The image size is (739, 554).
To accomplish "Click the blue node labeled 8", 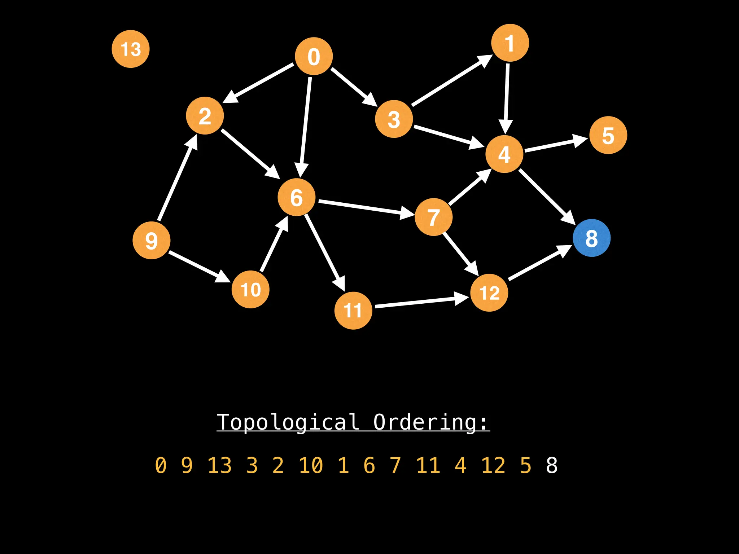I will pos(591,238).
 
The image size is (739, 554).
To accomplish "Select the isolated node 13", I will pos(131,49).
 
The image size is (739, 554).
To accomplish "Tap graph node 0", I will pos(314,56).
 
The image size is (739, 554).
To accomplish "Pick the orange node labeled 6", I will pos(297,197).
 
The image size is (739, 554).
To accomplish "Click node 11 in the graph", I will pos(353,311).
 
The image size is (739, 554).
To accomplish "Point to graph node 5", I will pos(608,135).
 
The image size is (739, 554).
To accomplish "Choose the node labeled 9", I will pos(152,240).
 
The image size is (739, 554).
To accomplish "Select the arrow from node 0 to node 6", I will pos(305,126).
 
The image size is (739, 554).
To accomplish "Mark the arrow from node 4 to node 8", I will pos(546,197).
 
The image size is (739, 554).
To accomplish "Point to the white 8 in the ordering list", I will pos(552,465).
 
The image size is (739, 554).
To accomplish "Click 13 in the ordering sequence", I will pos(219,465).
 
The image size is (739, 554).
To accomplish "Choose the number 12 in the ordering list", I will pos(493,465).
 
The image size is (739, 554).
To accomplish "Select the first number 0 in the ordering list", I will pos(161,465).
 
